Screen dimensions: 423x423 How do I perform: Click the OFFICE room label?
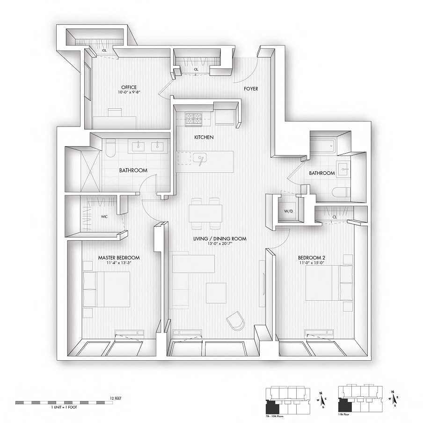pos(129,87)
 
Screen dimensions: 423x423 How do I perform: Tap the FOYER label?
pos(250,89)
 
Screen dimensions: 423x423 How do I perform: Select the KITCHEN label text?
pos(204,137)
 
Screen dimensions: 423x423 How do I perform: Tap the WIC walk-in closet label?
pos(104,216)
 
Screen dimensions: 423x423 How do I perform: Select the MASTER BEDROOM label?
pos(119,258)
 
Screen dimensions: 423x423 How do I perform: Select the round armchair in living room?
pos(235,323)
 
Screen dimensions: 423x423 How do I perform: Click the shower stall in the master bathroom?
pos(82,169)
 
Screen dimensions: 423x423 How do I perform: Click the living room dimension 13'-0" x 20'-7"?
pos(220,244)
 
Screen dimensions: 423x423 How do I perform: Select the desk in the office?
pos(115,121)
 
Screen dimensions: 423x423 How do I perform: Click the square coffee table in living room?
pos(216,293)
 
